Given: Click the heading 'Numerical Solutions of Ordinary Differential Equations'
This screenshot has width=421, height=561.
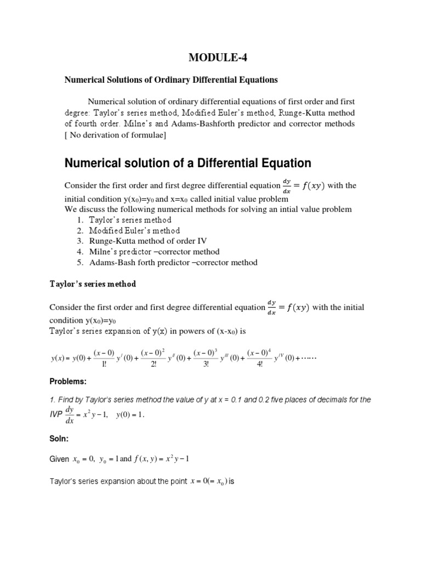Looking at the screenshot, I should [171, 80].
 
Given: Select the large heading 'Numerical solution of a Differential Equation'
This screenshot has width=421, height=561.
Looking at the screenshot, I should [188, 163].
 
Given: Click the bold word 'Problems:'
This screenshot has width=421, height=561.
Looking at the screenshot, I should [68, 381].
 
